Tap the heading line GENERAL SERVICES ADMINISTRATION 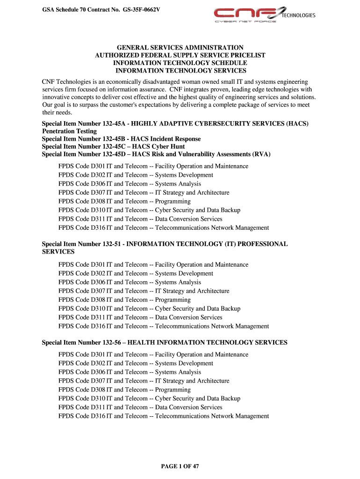180,48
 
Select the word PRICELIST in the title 248,55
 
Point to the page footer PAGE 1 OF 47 180,466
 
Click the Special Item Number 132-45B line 121,139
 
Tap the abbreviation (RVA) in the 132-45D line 260,154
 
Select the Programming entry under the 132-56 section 173,390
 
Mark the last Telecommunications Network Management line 212,416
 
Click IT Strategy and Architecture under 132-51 192,291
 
